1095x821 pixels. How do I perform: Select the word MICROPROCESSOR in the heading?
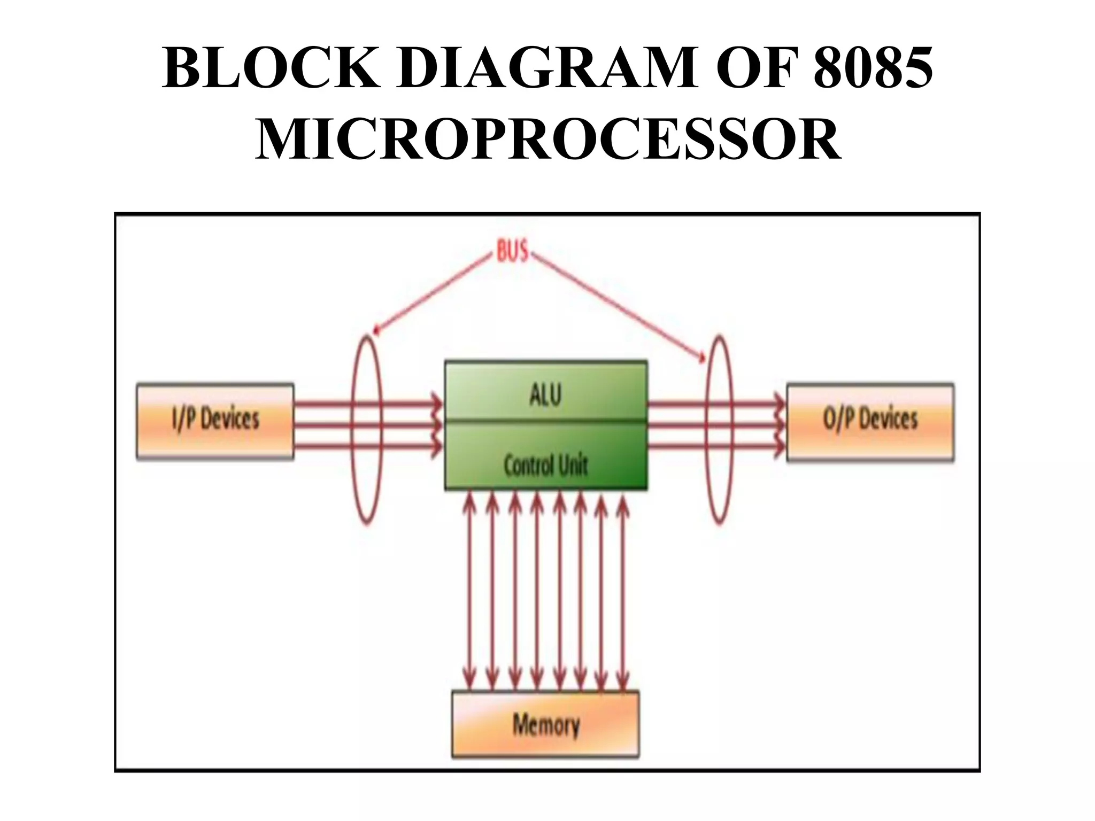click(x=547, y=140)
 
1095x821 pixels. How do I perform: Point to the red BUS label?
click(x=512, y=252)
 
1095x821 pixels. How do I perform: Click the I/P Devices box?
click(x=215, y=421)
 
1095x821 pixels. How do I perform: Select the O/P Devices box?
click(x=870, y=421)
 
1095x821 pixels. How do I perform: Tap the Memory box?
click(x=545, y=724)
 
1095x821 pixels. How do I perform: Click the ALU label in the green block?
click(x=545, y=395)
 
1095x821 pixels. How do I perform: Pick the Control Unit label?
click(x=545, y=465)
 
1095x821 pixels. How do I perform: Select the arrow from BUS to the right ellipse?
click(x=615, y=305)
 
